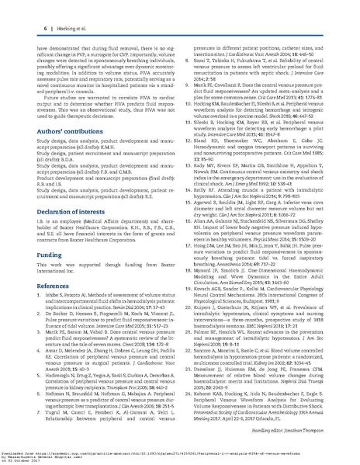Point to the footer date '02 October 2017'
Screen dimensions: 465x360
point(31,458)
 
